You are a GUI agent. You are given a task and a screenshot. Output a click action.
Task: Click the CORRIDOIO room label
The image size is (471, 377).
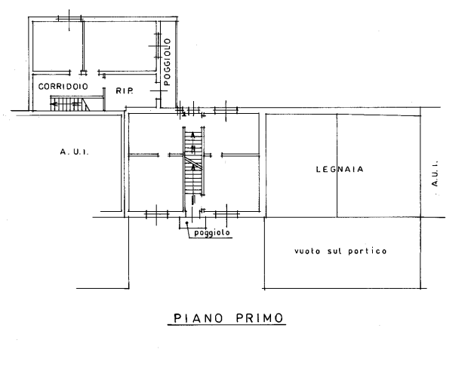coord(63,87)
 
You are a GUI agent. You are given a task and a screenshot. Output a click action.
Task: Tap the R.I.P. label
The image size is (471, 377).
coord(125,90)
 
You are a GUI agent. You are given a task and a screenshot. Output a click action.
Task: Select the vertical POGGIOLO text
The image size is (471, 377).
coord(167,62)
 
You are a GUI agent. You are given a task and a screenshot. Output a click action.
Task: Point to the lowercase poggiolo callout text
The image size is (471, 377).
coord(212,233)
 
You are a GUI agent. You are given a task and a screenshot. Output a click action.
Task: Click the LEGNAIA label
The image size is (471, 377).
coord(340,170)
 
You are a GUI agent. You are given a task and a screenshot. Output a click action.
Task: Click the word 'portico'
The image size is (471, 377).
coord(368,251)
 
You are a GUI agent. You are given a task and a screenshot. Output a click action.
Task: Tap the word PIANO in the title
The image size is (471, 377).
coord(199,318)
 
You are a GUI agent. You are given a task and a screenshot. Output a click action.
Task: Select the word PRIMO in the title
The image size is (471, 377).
coord(260,318)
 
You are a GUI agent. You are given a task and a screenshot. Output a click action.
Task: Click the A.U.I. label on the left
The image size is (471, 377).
coord(74,152)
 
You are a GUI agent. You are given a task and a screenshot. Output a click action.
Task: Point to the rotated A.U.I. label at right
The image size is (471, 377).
coord(435,173)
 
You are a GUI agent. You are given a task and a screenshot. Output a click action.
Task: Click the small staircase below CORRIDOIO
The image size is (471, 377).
coord(70,103)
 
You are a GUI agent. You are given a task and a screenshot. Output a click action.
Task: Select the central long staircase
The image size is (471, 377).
coord(194,162)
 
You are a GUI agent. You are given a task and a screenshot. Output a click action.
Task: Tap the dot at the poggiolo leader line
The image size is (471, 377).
coord(187,222)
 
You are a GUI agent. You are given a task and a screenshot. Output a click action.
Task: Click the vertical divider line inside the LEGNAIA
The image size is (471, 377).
coord(337,165)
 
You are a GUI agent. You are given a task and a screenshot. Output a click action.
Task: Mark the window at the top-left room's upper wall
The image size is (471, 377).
coord(69,19)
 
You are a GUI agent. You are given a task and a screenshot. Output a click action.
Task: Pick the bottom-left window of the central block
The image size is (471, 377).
coord(157,214)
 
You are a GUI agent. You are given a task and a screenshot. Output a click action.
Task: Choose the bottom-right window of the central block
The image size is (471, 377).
coord(226,214)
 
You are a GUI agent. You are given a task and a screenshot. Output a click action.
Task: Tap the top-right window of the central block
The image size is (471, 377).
coord(226,110)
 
